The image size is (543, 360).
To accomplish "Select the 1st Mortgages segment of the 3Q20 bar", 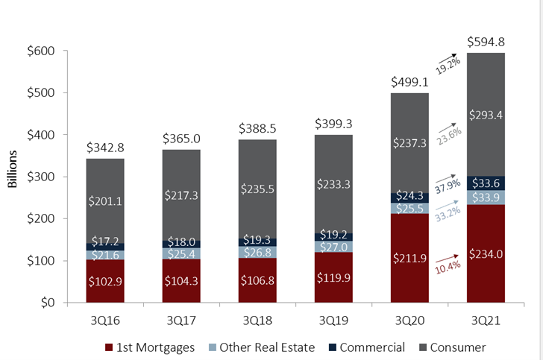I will (409, 259).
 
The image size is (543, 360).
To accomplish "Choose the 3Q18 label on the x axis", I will (257, 320).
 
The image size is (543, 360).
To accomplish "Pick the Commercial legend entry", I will (367, 347).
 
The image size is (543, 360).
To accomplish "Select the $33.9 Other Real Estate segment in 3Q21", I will (486, 197).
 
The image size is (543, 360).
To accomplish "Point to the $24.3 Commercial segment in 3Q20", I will (409, 197).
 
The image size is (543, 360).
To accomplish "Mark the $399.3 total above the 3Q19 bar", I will (333, 123).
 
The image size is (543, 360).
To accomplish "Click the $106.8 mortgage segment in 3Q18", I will (257, 280).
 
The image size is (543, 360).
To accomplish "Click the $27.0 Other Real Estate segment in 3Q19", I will (333, 246).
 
